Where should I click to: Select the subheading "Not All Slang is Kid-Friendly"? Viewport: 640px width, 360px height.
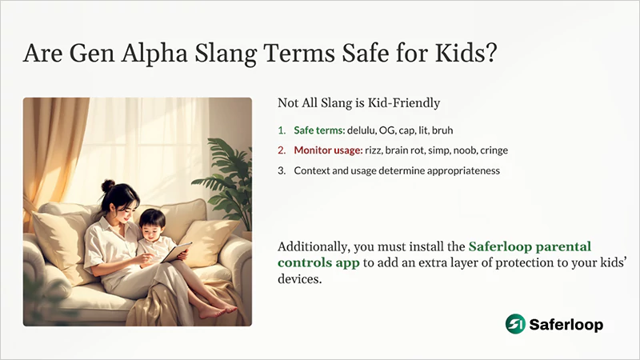(x=358, y=103)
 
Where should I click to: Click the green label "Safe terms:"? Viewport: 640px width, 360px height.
(x=318, y=130)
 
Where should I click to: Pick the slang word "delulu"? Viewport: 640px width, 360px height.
(x=362, y=130)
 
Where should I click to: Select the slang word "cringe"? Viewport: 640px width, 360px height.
(x=494, y=150)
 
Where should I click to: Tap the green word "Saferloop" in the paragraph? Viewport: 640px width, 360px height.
(x=501, y=246)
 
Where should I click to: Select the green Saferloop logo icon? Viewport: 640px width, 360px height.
(x=516, y=324)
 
